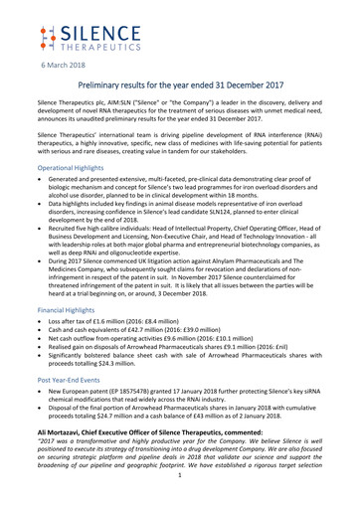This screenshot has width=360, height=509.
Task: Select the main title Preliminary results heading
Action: (x=180, y=87)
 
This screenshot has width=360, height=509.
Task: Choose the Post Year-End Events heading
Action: (x=52, y=407)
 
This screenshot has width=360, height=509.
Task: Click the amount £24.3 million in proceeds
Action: (x=110, y=390)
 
